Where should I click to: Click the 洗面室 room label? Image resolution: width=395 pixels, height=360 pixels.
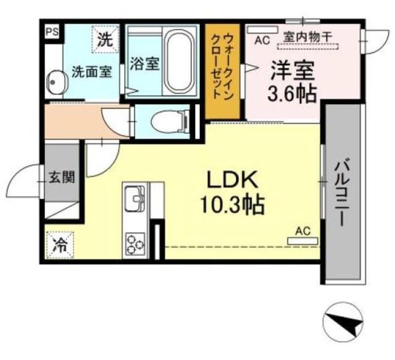coord(91,72)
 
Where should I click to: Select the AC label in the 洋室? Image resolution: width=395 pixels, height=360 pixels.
coord(262,40)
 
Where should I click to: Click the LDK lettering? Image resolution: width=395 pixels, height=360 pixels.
coord(230,181)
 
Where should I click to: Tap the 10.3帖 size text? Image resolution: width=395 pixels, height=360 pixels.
coord(231,204)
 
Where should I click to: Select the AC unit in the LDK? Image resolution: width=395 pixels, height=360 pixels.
coord(302,240)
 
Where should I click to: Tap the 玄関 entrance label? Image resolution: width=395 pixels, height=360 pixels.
coord(62,179)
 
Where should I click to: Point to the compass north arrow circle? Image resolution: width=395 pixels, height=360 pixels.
coord(343,320)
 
